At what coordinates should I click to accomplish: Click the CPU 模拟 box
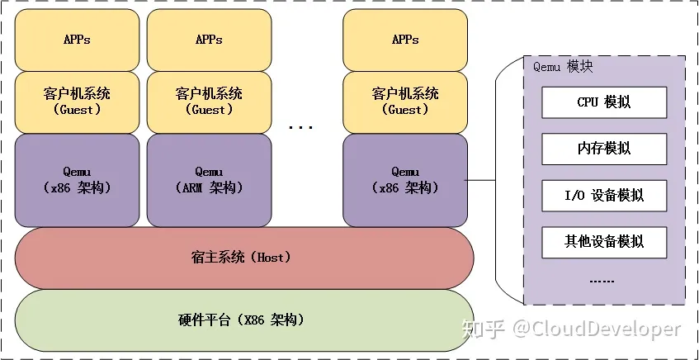(604, 102)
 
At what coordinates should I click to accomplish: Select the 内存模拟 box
(604, 149)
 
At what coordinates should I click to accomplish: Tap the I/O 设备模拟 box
(604, 196)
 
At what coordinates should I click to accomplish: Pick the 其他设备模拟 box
(604, 242)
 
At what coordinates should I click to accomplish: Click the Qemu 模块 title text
(563, 67)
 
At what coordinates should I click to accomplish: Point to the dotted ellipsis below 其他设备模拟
(602, 280)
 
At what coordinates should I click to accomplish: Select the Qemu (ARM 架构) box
(209, 180)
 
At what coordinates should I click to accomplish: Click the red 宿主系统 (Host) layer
(244, 258)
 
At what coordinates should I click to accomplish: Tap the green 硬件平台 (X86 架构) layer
(244, 320)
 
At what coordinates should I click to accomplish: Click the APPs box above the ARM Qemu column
(209, 40)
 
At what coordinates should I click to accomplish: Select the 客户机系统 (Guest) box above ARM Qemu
(209, 102)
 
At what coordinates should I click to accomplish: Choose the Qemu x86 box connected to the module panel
(404, 180)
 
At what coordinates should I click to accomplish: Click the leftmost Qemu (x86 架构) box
(76, 180)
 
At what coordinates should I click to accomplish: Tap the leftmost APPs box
(76, 40)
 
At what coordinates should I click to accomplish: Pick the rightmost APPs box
(404, 40)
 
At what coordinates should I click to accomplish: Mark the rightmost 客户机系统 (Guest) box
(404, 102)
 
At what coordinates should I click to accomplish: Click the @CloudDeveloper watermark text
(597, 329)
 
